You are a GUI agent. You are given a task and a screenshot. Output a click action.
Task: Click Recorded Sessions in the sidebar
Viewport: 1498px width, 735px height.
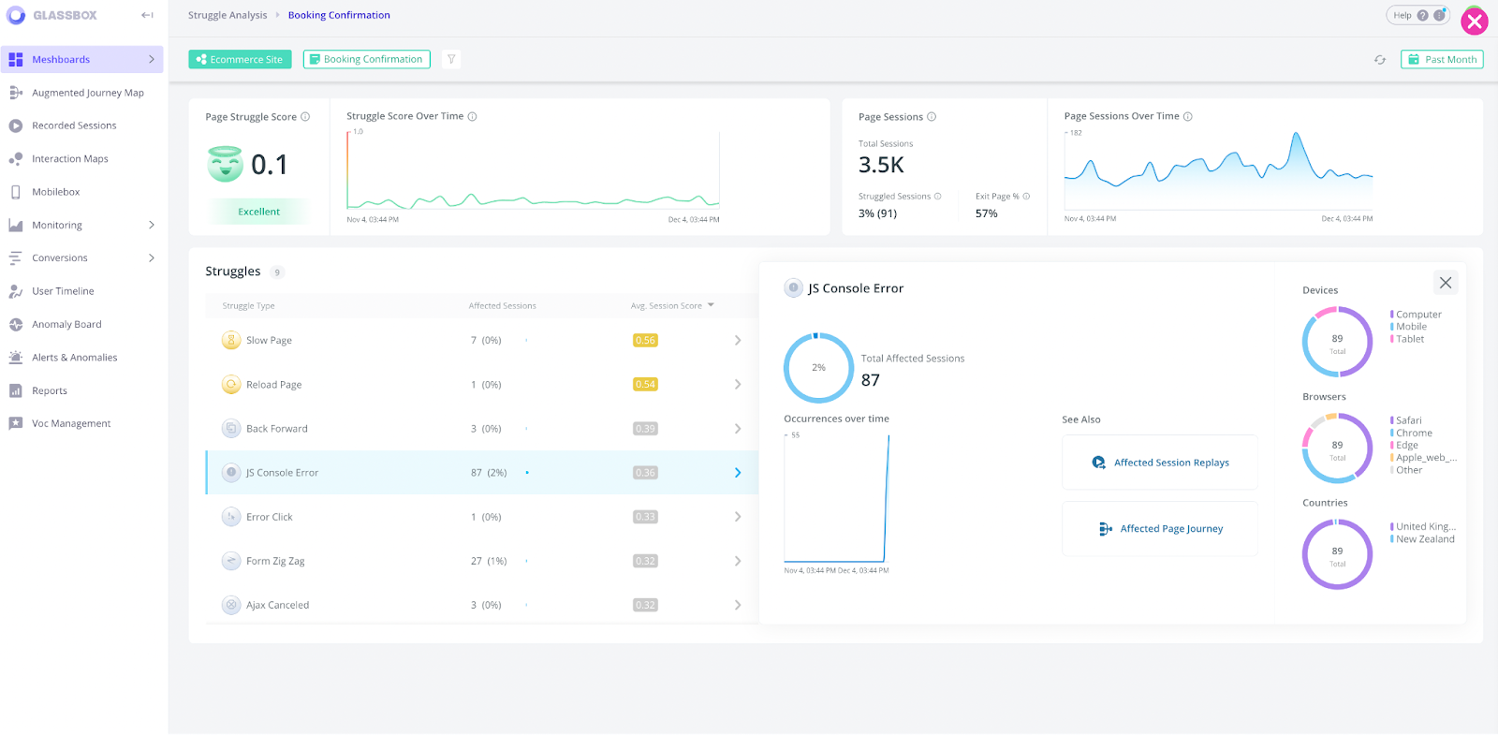pyautogui.click(x=74, y=125)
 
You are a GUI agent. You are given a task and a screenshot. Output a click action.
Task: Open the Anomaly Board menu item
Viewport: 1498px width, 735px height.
pyautogui.click(x=66, y=324)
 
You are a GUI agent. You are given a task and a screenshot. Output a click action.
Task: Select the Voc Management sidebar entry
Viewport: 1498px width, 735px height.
pyautogui.click(x=71, y=423)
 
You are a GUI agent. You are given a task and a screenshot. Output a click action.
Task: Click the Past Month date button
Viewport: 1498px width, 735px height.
pyautogui.click(x=1442, y=59)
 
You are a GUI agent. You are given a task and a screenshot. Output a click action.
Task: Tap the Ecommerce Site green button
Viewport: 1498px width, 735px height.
pyautogui.click(x=240, y=59)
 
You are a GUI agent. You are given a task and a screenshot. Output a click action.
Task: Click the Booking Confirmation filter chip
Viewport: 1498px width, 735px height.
pyautogui.click(x=366, y=59)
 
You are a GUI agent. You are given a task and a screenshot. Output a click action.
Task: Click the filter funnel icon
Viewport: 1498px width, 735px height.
pyautogui.click(x=451, y=59)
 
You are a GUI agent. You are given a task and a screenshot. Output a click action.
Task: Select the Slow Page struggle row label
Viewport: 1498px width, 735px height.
pyautogui.click(x=269, y=340)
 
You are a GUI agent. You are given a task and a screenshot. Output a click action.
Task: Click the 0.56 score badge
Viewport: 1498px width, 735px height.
pyautogui.click(x=645, y=340)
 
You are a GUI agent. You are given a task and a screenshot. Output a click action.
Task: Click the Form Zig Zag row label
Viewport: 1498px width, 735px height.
pyautogui.click(x=275, y=561)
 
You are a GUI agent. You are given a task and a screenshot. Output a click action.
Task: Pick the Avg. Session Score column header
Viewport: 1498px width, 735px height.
pyautogui.click(x=667, y=305)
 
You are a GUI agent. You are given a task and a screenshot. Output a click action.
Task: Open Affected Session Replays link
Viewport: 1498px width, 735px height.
pyautogui.click(x=1170, y=463)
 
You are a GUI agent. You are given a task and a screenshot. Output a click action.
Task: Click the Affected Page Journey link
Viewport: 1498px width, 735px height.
pyautogui.click(x=1170, y=529)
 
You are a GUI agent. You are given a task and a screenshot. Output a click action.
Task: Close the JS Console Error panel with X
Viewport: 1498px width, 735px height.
pyautogui.click(x=1446, y=283)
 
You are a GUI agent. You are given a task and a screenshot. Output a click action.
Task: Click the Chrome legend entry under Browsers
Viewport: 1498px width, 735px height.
pyautogui.click(x=1414, y=433)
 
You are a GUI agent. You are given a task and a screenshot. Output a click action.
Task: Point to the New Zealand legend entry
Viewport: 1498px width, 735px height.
pyautogui.click(x=1425, y=539)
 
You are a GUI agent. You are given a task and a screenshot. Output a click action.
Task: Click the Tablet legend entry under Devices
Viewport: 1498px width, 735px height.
pyautogui.click(x=1410, y=339)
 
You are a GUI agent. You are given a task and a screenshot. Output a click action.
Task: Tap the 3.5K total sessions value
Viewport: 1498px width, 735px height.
pyautogui.click(x=881, y=165)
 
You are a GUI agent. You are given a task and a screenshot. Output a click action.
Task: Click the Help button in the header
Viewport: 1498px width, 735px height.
pyautogui.click(x=1403, y=15)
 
